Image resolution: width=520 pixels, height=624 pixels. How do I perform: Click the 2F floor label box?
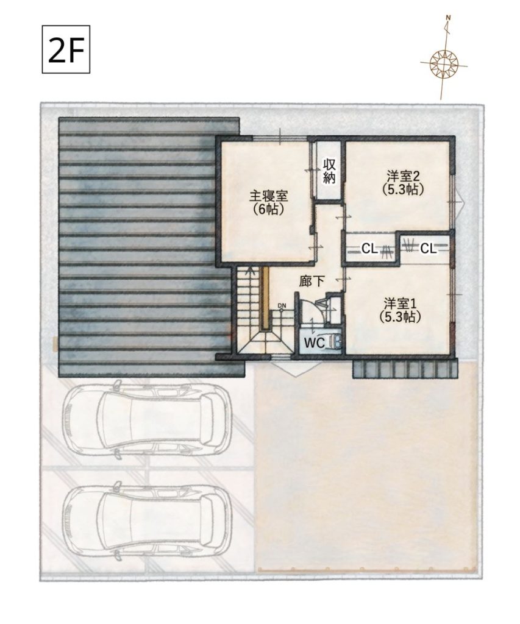pyautogui.click(x=66, y=49)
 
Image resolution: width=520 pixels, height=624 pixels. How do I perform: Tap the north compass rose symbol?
pyautogui.click(x=443, y=63)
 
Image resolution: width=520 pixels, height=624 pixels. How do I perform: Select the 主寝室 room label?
pyautogui.click(x=268, y=196)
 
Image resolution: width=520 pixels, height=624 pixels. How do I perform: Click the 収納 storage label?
pyautogui.click(x=329, y=171)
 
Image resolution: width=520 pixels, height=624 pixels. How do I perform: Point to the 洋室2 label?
pyautogui.click(x=403, y=175)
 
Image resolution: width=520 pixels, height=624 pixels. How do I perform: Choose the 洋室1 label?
pyautogui.click(x=401, y=303)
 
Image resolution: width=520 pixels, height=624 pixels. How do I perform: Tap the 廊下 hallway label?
pyautogui.click(x=312, y=282)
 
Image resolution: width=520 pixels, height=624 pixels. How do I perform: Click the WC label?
pyautogui.click(x=315, y=342)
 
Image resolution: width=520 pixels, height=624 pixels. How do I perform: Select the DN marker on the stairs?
pyautogui.click(x=282, y=306)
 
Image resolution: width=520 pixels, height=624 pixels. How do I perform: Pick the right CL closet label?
pyautogui.click(x=429, y=249)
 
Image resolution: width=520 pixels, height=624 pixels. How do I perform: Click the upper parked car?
pyautogui.click(x=147, y=420)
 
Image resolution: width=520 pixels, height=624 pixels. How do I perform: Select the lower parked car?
pyautogui.click(x=147, y=522)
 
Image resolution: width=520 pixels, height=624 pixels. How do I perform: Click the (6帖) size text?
pyautogui.click(x=269, y=210)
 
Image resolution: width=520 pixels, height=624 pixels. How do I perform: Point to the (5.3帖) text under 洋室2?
pyautogui.click(x=403, y=189)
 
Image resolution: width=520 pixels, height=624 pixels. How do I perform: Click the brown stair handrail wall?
pyautogui.click(x=265, y=298)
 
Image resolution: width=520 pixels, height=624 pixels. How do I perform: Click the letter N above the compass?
pyautogui.click(x=448, y=18)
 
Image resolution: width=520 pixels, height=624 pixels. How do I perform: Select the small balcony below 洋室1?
pyautogui.click(x=405, y=369)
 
